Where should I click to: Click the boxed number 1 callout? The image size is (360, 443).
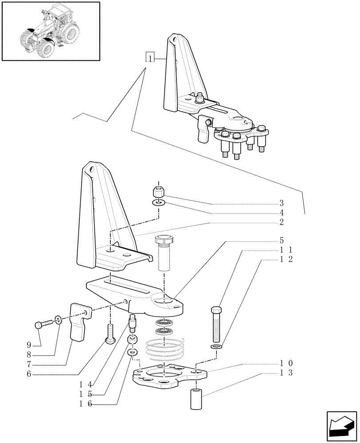coord(151,58)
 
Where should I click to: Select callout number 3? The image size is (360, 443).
coord(281,204)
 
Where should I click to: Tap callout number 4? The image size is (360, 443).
coord(281,213)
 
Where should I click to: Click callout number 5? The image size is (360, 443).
coord(281,241)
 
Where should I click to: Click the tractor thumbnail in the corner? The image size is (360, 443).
coord(50,31)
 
